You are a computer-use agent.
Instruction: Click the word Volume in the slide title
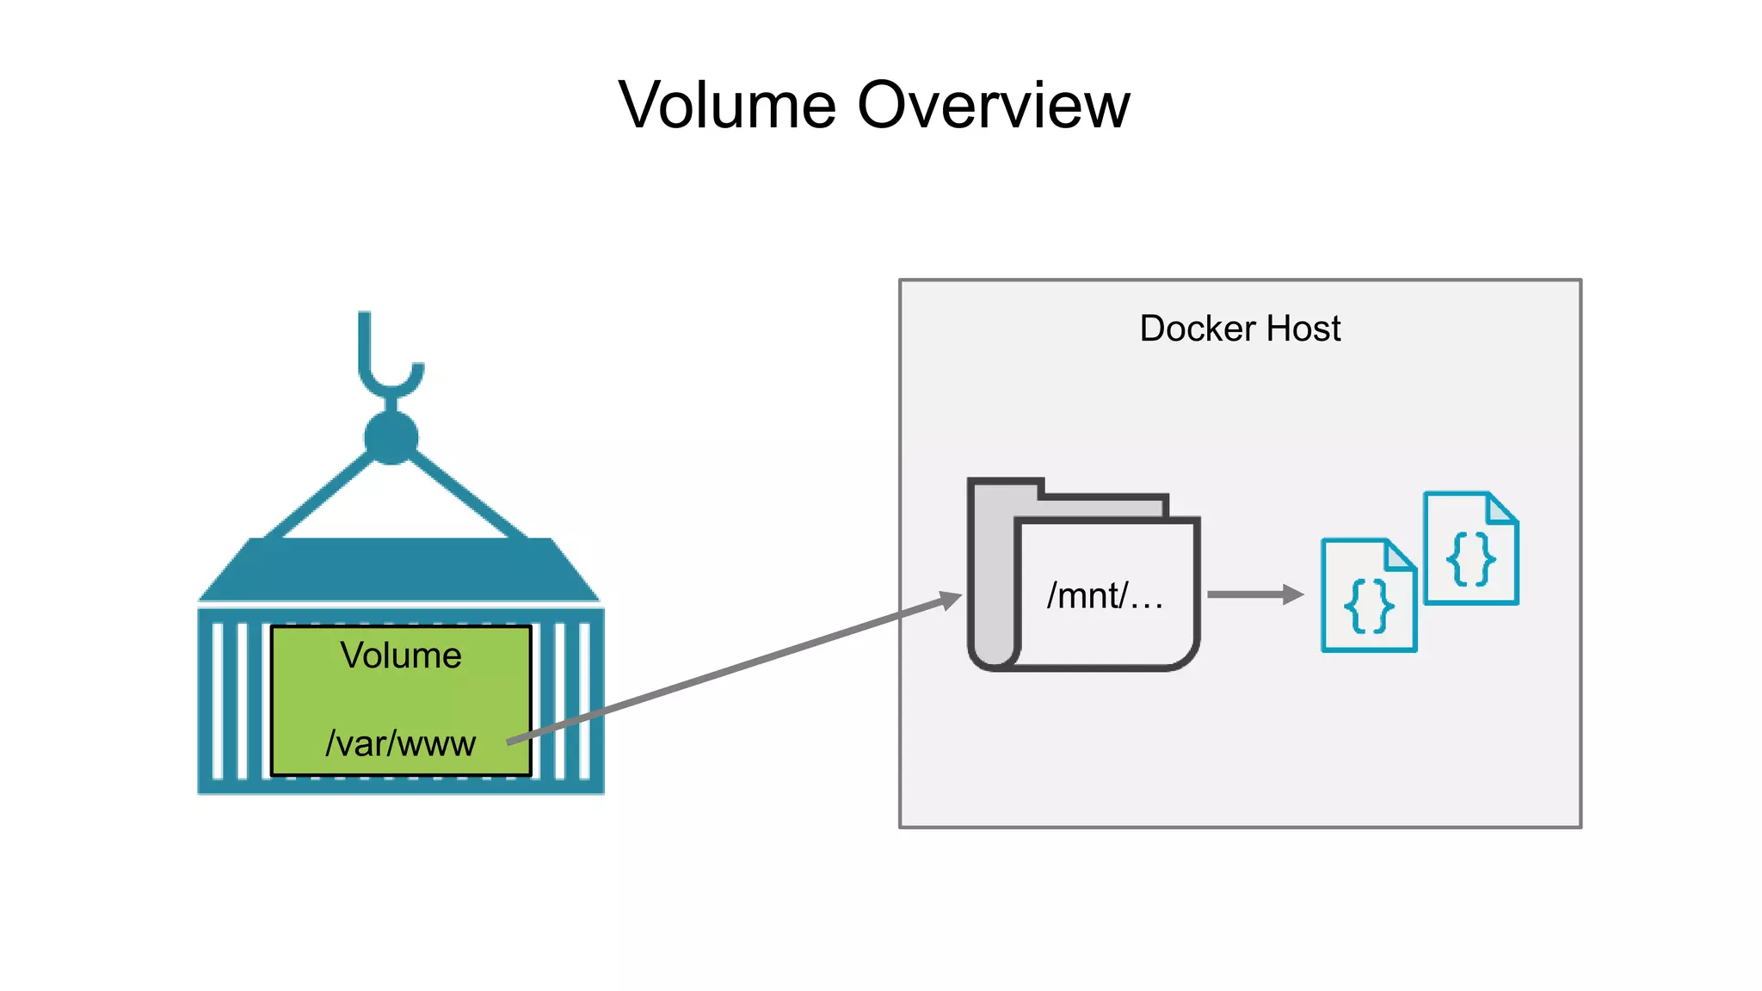(x=727, y=105)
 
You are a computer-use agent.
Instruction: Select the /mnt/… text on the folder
(x=1105, y=595)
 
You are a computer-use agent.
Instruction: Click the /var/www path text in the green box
(x=400, y=743)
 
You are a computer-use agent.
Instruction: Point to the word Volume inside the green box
(x=401, y=656)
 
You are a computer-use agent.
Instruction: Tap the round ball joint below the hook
(x=391, y=438)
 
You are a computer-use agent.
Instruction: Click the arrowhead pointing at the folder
(x=950, y=599)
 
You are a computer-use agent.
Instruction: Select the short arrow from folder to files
(x=1254, y=594)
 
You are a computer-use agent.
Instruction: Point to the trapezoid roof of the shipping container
(x=399, y=569)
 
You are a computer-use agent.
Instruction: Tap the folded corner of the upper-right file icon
(x=1502, y=508)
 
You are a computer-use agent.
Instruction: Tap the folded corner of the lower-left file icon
(x=1400, y=555)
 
